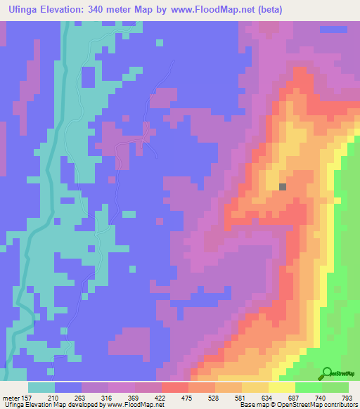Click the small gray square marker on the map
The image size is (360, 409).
point(283,187)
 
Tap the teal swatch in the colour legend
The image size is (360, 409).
point(41,387)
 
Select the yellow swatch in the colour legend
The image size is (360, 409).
point(282,387)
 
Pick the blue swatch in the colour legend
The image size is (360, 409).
point(68,387)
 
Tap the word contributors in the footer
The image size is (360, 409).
point(340,405)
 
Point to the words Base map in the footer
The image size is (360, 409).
point(252,405)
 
